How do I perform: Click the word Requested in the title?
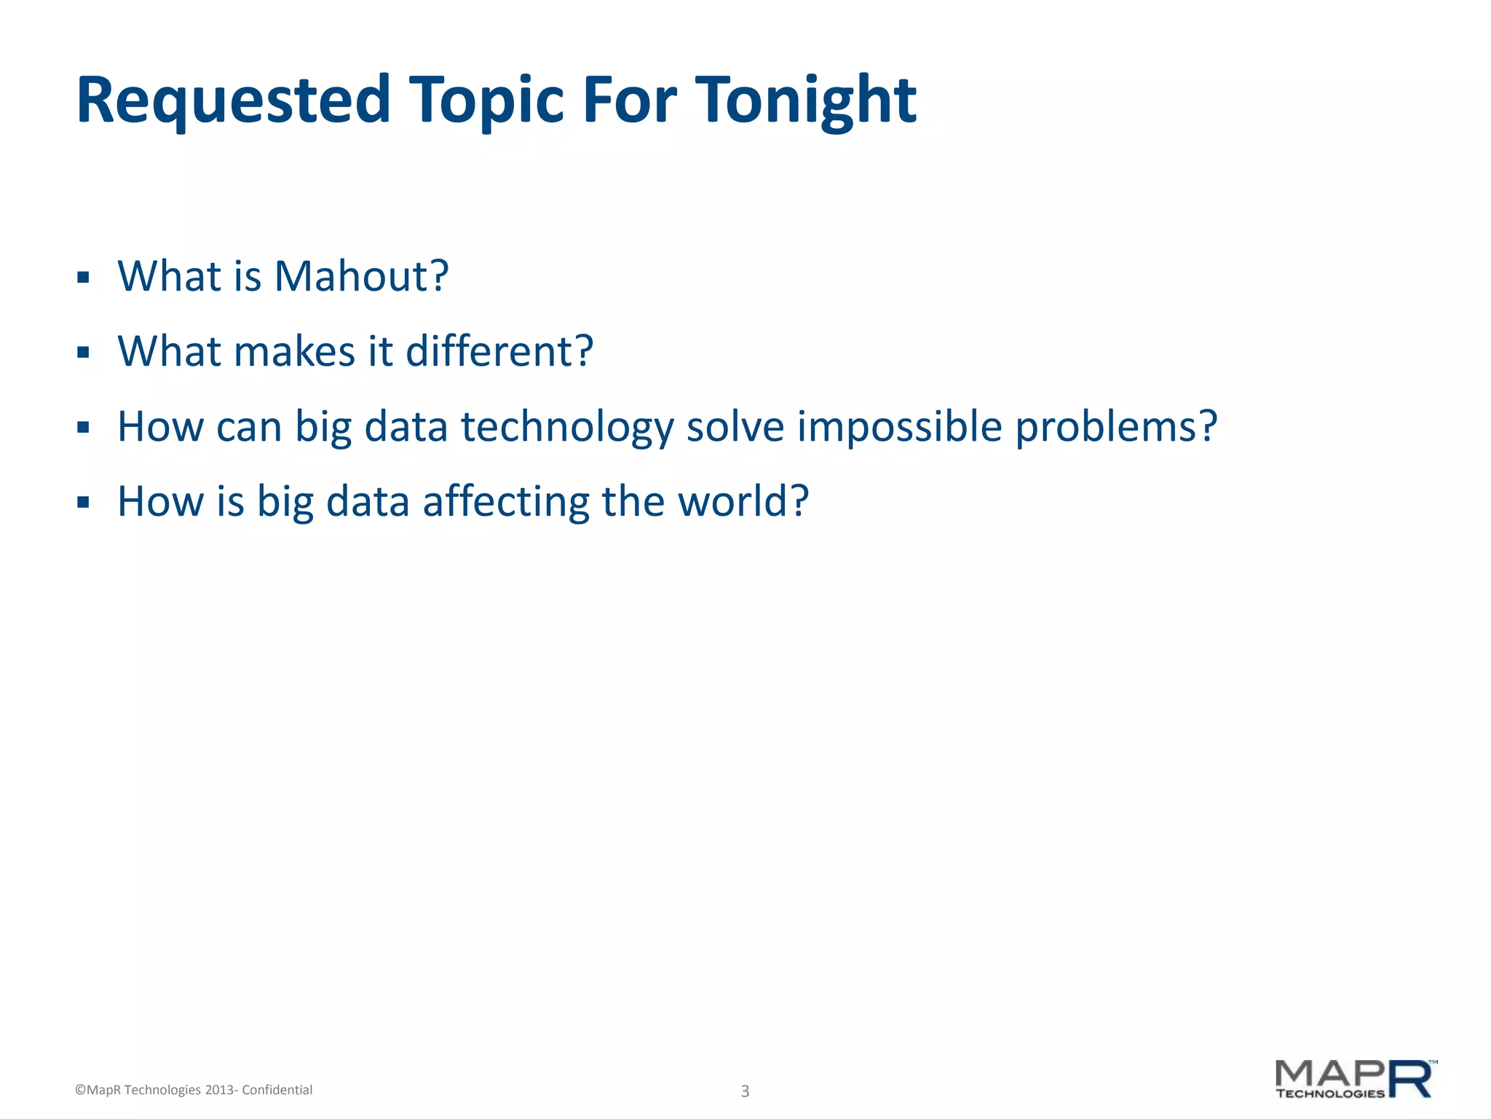233,101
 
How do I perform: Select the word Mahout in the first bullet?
360,277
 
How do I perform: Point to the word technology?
568,428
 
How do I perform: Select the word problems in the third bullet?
1115,428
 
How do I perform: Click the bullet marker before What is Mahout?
83,278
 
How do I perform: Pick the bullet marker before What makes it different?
83,353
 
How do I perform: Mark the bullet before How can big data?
83,428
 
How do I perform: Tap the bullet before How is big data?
83,503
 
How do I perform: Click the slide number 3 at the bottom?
745,1091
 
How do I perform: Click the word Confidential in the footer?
277,1090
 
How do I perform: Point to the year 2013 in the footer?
218,1090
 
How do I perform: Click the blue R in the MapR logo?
1409,1080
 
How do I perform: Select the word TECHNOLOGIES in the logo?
1329,1094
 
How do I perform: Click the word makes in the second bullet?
295,352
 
